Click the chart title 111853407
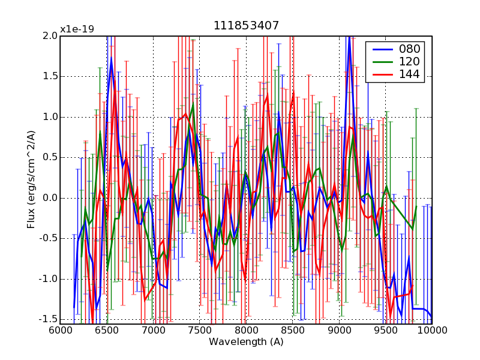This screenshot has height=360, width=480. coord(246,26)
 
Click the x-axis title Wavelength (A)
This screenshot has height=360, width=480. coord(246,342)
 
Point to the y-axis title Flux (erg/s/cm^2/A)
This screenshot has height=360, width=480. coord(31,180)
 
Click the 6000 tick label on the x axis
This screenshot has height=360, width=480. coord(60,330)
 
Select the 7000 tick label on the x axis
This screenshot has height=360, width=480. coord(153,330)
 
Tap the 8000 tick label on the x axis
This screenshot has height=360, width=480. coord(246,330)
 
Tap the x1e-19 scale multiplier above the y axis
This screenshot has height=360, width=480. coord(77,29)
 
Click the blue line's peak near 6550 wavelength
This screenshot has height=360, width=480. coord(111,58)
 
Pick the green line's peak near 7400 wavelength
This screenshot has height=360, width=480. coord(193,106)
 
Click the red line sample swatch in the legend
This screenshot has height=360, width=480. coord(380,74)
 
